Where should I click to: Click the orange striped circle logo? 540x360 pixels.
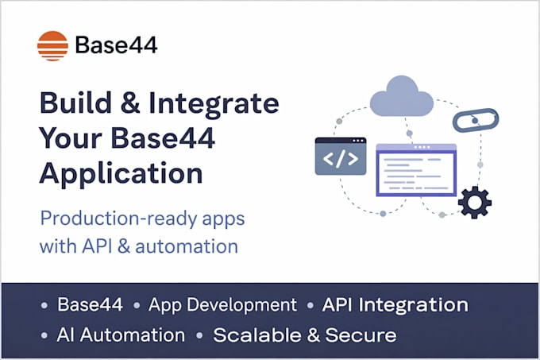tap(52, 46)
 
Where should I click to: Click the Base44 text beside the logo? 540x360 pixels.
tap(117, 45)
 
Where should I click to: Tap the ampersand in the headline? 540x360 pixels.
tap(130, 103)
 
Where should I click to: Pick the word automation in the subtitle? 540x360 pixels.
tap(187, 246)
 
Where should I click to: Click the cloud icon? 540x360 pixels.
tap(402, 96)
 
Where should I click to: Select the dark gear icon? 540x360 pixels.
tap(475, 202)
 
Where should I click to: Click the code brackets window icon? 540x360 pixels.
tap(341, 156)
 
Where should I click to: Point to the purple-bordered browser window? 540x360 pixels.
tap(416, 170)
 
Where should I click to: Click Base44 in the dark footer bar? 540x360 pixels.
tap(90, 304)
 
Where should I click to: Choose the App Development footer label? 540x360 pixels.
tap(222, 305)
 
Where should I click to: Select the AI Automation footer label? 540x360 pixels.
tap(121, 335)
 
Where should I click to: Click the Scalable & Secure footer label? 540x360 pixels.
tap(305, 335)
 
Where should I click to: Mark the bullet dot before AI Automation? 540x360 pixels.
tap(44, 335)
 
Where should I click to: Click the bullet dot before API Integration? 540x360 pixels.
tap(310, 306)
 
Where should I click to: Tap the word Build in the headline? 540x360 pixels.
tap(75, 103)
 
